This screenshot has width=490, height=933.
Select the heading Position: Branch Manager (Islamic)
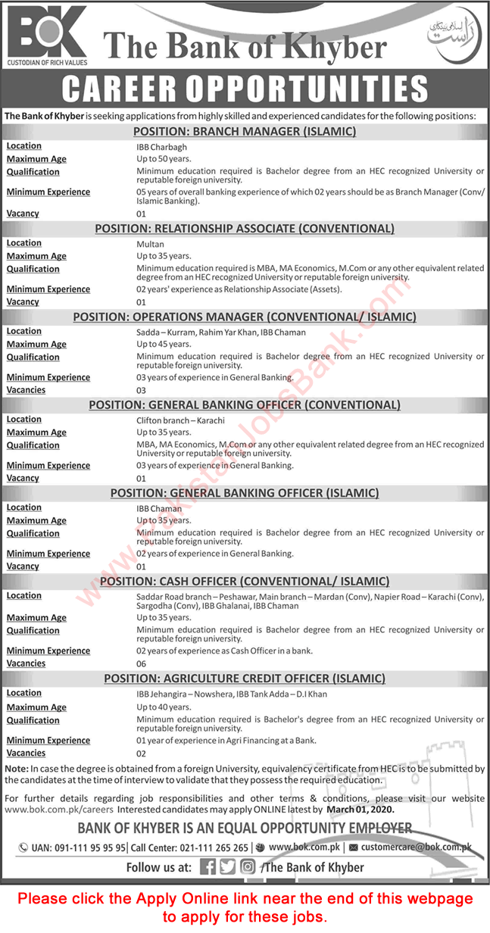(245, 132)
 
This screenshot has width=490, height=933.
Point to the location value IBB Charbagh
(161, 146)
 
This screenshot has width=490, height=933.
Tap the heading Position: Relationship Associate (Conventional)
(245, 228)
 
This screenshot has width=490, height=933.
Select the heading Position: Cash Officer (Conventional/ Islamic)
(245, 581)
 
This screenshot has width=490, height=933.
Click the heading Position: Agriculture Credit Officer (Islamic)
(245, 678)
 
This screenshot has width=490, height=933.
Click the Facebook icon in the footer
(208, 867)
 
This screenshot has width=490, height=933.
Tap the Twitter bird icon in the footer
(227, 867)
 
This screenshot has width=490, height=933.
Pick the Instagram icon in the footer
(248, 867)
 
